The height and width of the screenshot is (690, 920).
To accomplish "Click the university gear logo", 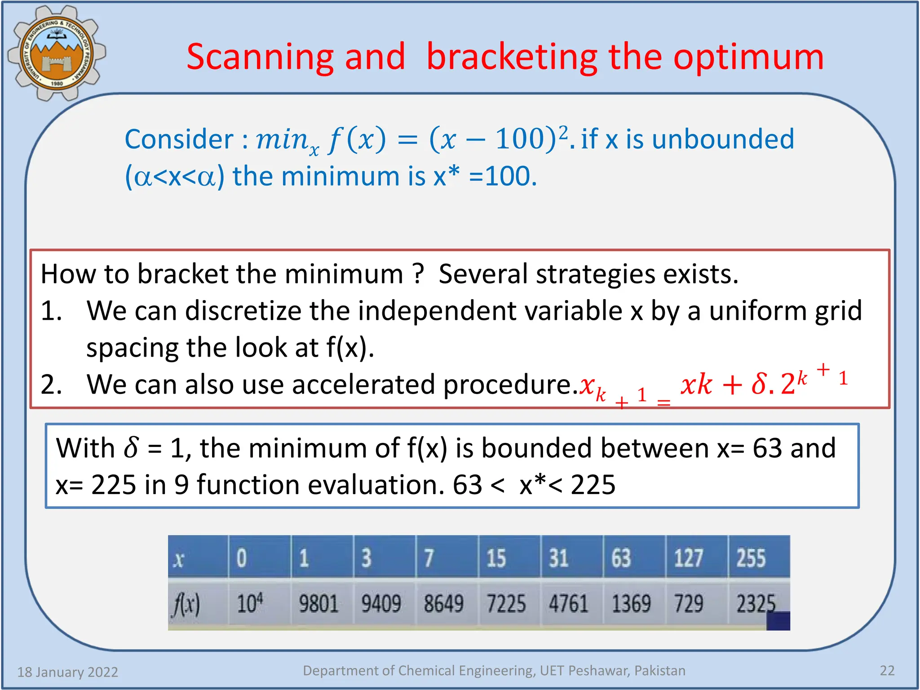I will (x=56, y=53).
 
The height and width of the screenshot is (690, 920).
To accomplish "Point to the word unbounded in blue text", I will (x=723, y=139).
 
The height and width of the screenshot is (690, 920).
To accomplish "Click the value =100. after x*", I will (x=503, y=176).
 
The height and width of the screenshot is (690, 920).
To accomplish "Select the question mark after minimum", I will (x=418, y=274).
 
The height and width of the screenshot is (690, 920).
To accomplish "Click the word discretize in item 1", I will (x=267, y=311).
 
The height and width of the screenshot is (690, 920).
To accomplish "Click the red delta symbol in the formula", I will (x=759, y=385).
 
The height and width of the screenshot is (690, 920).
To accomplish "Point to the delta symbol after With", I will (x=131, y=448).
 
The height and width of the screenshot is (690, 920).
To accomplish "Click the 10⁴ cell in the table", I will (x=250, y=603).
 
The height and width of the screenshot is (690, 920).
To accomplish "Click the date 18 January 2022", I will (x=67, y=672).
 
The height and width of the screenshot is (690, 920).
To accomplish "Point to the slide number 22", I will (x=887, y=671).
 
